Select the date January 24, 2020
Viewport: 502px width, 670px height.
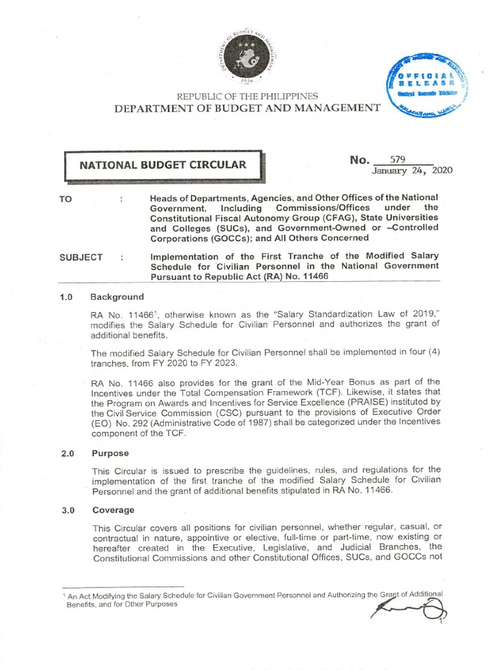[412, 171]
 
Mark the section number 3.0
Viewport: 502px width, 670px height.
[65, 510]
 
